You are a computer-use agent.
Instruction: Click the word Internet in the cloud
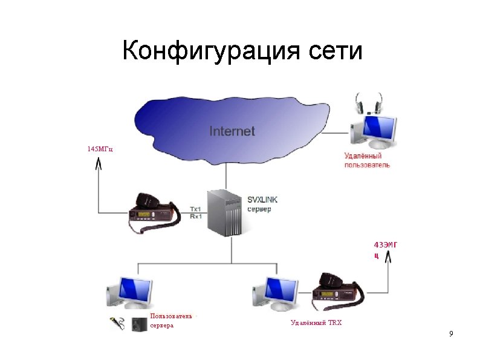pyautogui.click(x=232, y=131)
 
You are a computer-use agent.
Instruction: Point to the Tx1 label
pyautogui.click(x=196, y=209)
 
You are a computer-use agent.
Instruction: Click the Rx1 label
pyautogui.click(x=196, y=216)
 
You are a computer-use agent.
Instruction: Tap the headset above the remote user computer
pyautogui.click(x=369, y=103)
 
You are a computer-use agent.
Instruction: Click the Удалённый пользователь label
pyautogui.click(x=367, y=160)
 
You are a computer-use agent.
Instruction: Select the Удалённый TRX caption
pyautogui.click(x=316, y=322)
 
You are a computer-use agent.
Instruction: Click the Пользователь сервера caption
pyautogui.click(x=171, y=320)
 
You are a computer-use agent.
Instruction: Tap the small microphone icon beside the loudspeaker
pyautogui.click(x=118, y=324)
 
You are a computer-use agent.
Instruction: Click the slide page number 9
pyautogui.click(x=451, y=335)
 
